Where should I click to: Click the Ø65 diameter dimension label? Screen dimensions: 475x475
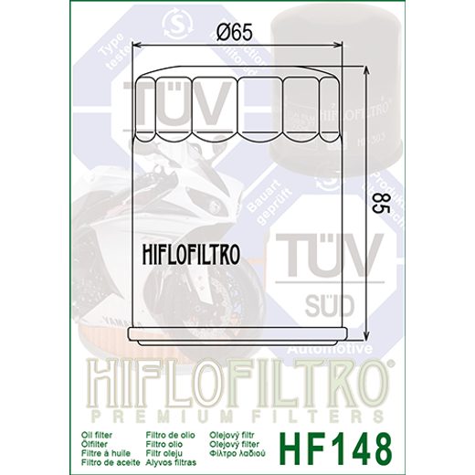point(242,34)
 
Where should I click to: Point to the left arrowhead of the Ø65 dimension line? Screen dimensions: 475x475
point(138,44)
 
